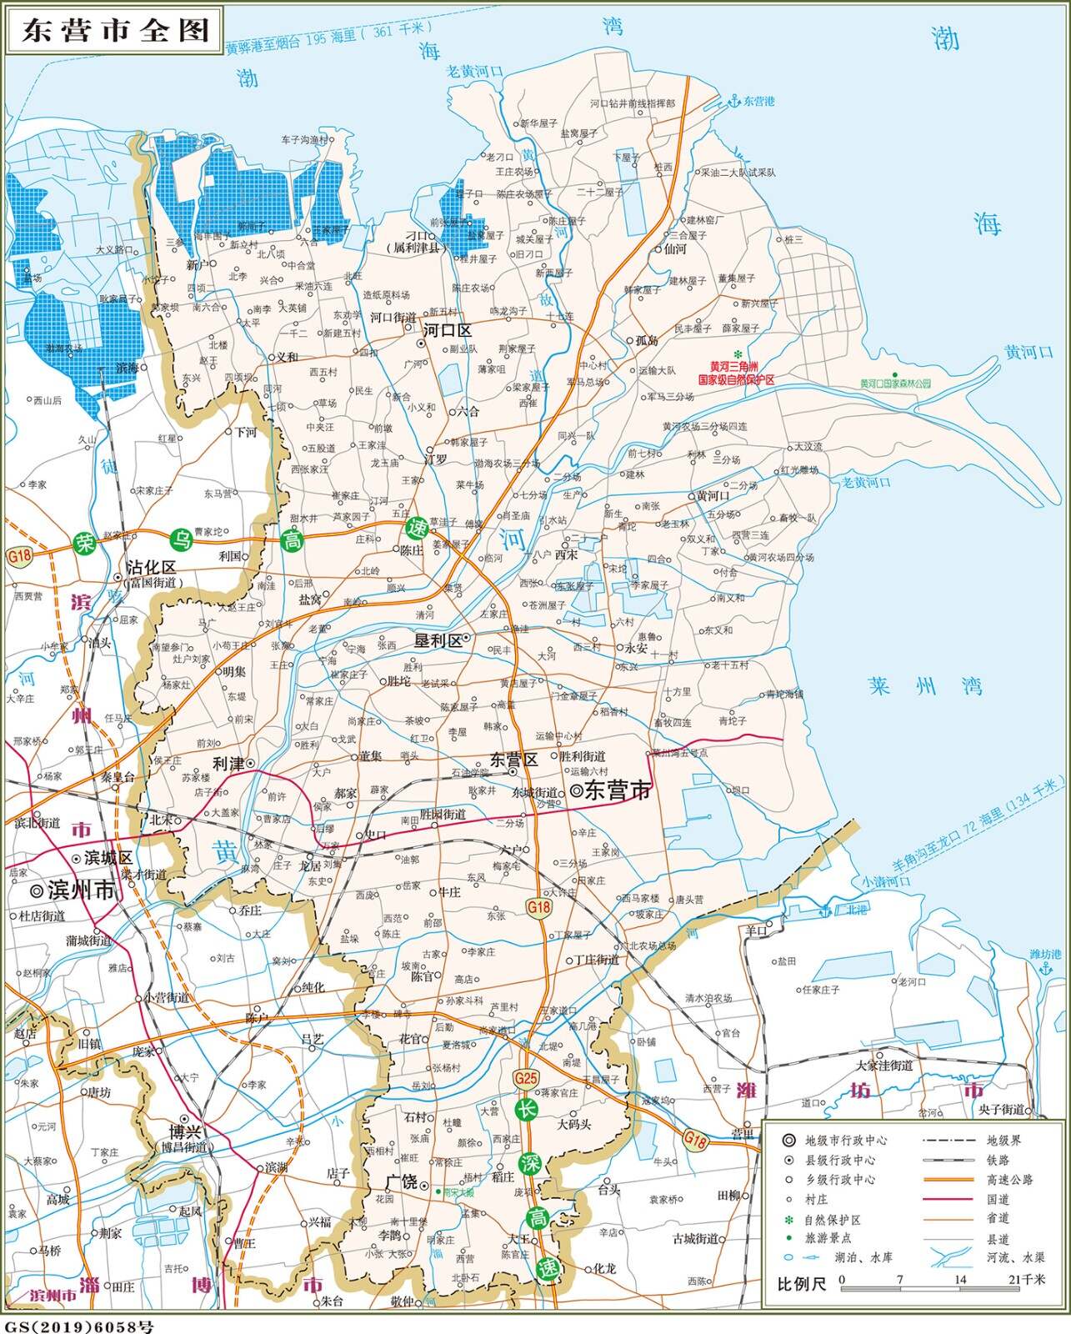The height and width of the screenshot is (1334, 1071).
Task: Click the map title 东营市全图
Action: coord(115,31)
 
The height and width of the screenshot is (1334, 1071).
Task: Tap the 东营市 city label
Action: coord(617,790)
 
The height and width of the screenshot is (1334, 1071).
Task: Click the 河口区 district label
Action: coord(448,330)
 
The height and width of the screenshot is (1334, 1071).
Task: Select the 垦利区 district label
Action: coord(438,640)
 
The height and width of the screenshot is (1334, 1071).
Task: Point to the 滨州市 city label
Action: coord(81,890)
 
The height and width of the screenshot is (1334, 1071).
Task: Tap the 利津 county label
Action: coord(228,763)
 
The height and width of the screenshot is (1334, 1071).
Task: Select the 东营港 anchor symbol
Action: coord(734,101)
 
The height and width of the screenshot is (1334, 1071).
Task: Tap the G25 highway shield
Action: coord(526,1078)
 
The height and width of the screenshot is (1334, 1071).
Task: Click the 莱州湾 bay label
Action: coord(924,686)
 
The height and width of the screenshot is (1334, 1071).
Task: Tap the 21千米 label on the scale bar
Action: coord(1027,1280)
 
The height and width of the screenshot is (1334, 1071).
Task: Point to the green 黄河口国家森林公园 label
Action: coord(894,384)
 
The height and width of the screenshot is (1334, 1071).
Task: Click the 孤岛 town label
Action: coord(647,340)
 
